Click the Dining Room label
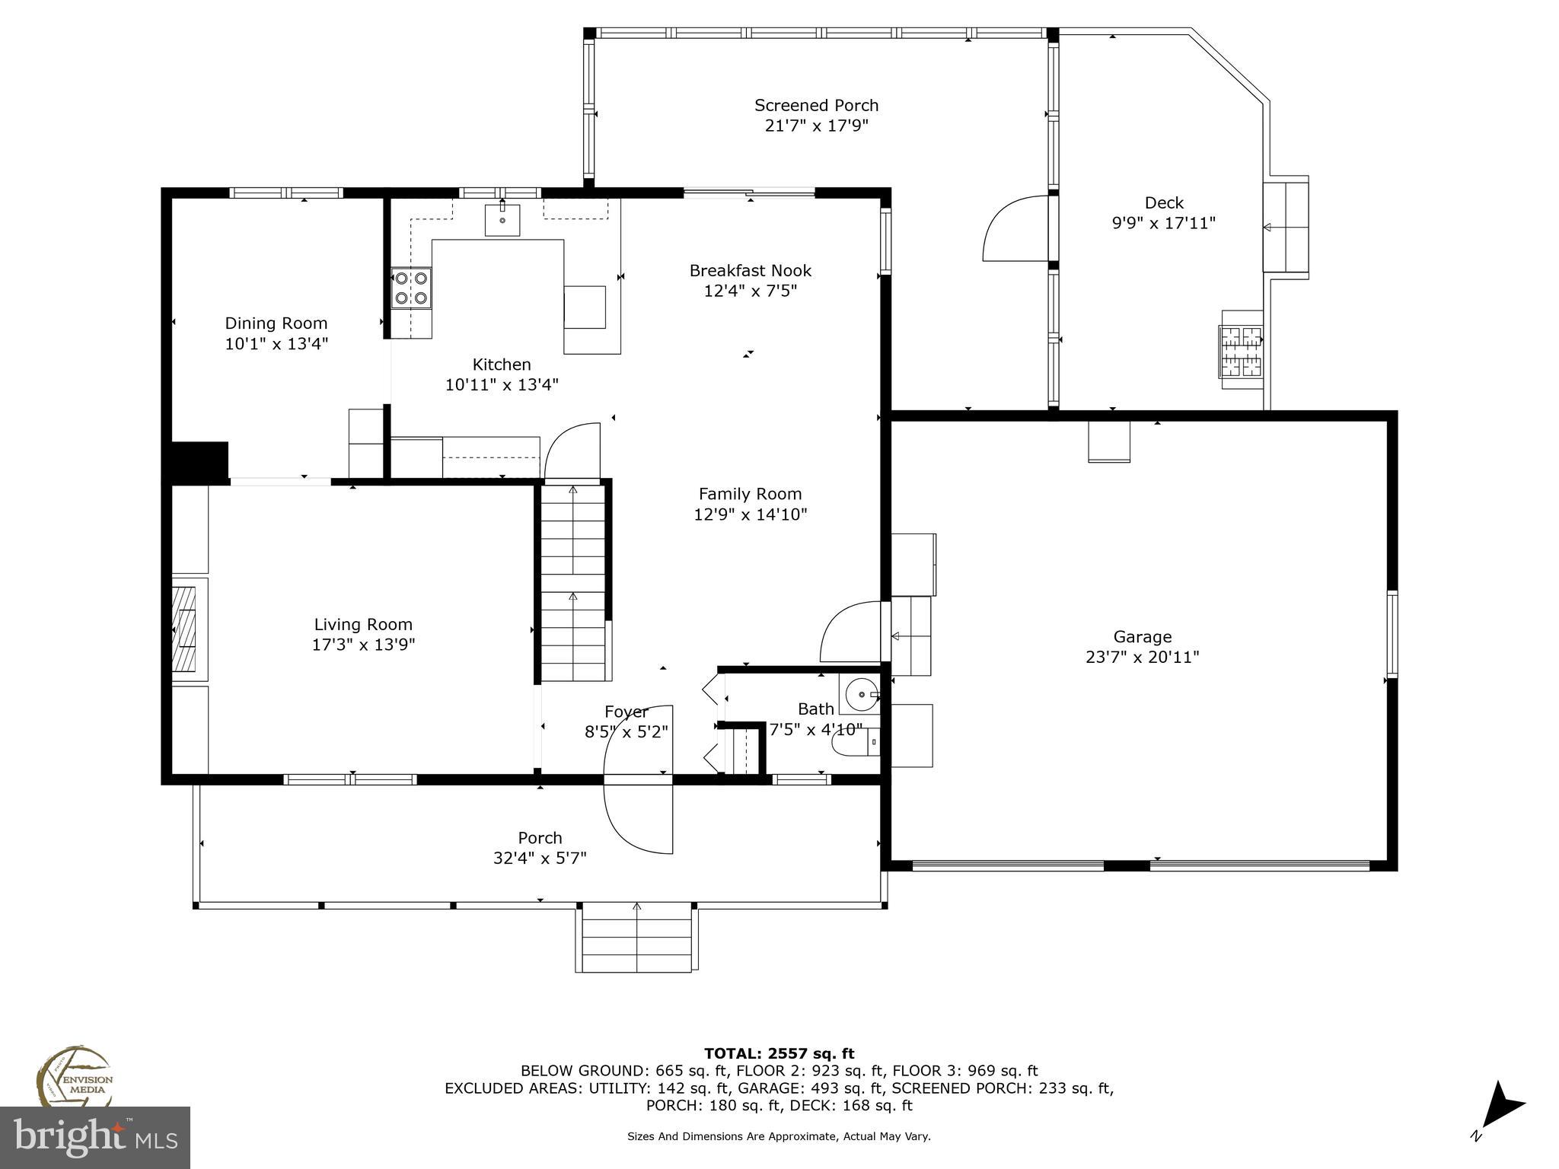(x=276, y=323)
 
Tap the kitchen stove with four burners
(x=411, y=288)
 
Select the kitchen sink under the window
(x=502, y=220)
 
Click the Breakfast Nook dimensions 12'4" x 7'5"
(x=750, y=291)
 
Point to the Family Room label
(x=750, y=494)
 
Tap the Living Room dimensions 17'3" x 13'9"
(x=363, y=645)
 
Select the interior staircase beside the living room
(x=573, y=583)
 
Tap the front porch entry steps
(x=636, y=938)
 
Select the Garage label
(x=1142, y=637)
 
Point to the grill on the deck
(x=1242, y=350)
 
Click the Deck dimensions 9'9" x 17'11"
(x=1163, y=224)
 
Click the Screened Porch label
(x=816, y=106)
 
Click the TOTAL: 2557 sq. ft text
(x=779, y=1054)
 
